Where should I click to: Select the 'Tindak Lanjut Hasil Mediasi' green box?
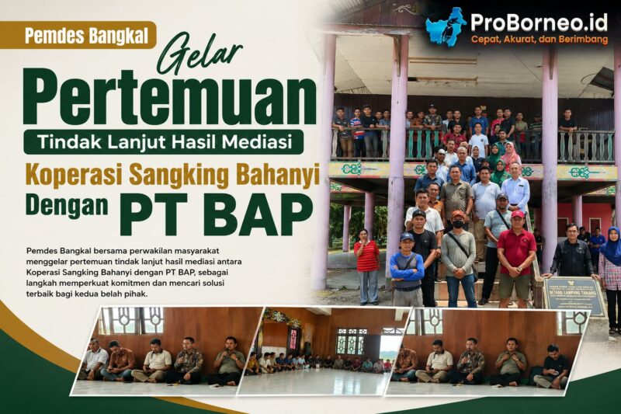(164, 141)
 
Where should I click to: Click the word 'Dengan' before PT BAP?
(68, 205)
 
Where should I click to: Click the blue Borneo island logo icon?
(446, 26)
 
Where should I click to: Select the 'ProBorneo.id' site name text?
(539, 23)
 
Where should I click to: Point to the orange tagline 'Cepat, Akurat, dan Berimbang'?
(539, 40)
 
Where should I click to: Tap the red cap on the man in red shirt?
(518, 214)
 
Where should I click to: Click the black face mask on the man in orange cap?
(458, 224)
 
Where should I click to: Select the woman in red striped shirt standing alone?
(367, 266)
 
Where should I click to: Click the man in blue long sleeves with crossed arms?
(407, 270)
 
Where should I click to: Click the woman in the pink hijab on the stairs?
(510, 155)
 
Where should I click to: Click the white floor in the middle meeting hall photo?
(317, 381)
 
